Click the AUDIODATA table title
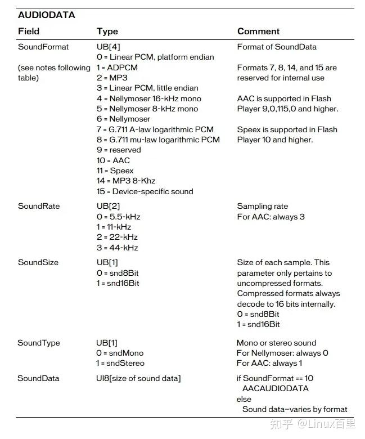[x=46, y=15]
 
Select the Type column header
[x=107, y=32]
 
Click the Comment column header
[x=258, y=32]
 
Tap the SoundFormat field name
[x=43, y=47]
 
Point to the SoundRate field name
[x=38, y=206]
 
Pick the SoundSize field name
[x=38, y=262]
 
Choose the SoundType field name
[x=38, y=343]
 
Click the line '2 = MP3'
[x=112, y=78]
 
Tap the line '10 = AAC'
[x=113, y=160]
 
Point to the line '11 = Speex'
[x=115, y=171]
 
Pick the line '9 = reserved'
[x=119, y=150]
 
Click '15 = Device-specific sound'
[x=145, y=191]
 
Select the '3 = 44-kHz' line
[x=117, y=248]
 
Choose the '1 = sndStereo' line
[x=120, y=363]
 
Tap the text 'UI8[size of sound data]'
[x=138, y=378]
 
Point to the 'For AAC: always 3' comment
[x=271, y=217]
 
